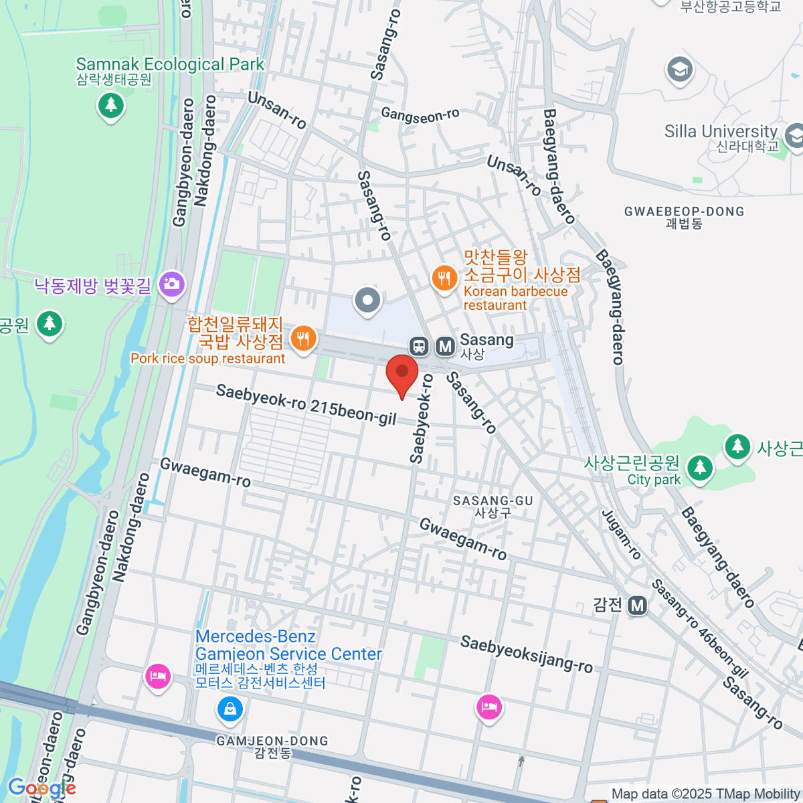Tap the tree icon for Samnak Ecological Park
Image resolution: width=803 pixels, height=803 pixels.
pos(111,105)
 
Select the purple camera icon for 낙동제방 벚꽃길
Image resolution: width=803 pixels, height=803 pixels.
pos(172,284)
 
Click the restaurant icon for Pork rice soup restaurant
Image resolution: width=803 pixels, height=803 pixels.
pos(303,338)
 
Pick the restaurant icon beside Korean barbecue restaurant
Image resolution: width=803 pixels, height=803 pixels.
pos(444,278)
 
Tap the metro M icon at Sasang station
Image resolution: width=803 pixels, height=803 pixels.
pos(445,346)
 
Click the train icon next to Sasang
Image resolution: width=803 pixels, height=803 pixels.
pos(420,346)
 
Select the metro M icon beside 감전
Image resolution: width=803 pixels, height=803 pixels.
pos(637,606)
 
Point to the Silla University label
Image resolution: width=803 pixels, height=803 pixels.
pos(721,132)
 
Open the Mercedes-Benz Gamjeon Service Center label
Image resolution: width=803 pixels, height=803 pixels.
pos(288,645)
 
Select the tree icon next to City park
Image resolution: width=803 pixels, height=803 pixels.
pos(700,466)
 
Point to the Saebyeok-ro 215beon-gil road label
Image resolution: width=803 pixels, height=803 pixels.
pos(306,405)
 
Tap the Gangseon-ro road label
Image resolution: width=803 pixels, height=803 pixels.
pos(420,116)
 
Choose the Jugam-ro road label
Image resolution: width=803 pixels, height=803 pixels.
pos(622,534)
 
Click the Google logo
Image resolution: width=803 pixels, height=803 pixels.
pos(41,788)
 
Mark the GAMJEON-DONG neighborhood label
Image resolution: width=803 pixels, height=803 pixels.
pos(272,741)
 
